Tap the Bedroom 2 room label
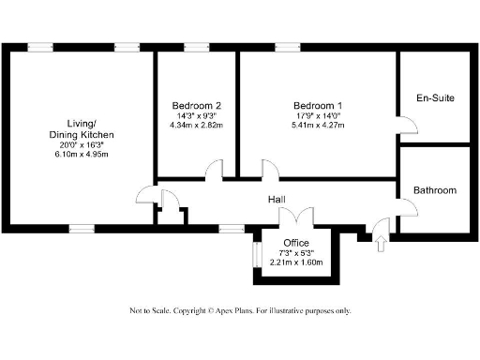coord(197,104)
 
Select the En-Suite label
coord(434,97)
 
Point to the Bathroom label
coord(435,190)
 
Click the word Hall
coord(277,200)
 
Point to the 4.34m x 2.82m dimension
coord(197,125)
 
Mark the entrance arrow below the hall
coord(380,245)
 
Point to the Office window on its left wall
coord(254,256)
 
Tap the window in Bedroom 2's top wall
coord(196,47)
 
